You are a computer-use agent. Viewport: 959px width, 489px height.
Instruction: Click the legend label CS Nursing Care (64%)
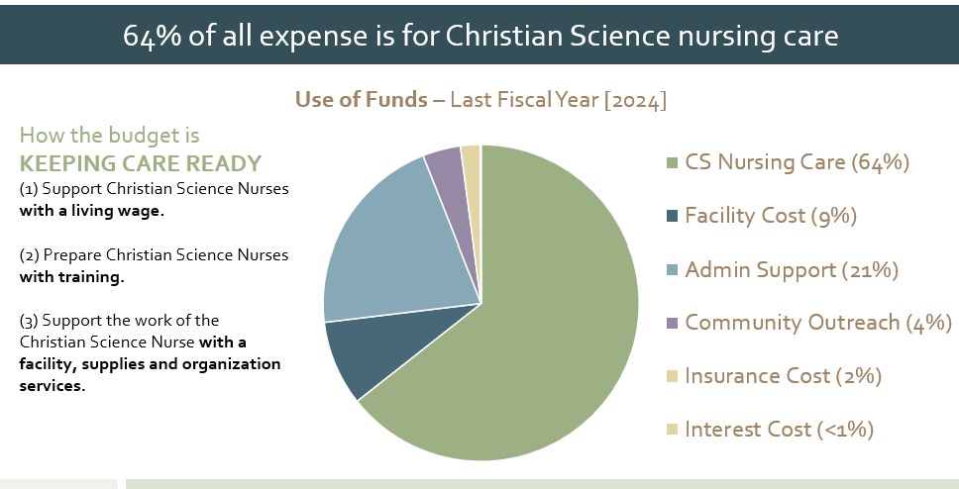pos(797,161)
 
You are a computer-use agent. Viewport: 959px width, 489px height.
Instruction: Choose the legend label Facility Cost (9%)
pos(770,215)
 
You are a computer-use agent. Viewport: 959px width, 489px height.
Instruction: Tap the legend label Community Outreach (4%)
pos(817,322)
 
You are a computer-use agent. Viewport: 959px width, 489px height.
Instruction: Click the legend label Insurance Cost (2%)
pos(783,375)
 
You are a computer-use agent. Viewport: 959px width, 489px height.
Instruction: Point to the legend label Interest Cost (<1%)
pos(780,429)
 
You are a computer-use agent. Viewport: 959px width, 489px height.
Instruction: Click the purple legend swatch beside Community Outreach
pos(672,323)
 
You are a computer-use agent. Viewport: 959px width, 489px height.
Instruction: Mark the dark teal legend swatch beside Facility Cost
pos(672,216)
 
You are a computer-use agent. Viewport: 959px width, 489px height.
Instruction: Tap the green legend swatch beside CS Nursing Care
pos(672,162)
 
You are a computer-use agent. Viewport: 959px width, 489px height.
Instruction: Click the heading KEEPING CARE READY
pos(141,162)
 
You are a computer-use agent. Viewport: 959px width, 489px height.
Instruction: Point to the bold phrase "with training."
pos(72,277)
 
